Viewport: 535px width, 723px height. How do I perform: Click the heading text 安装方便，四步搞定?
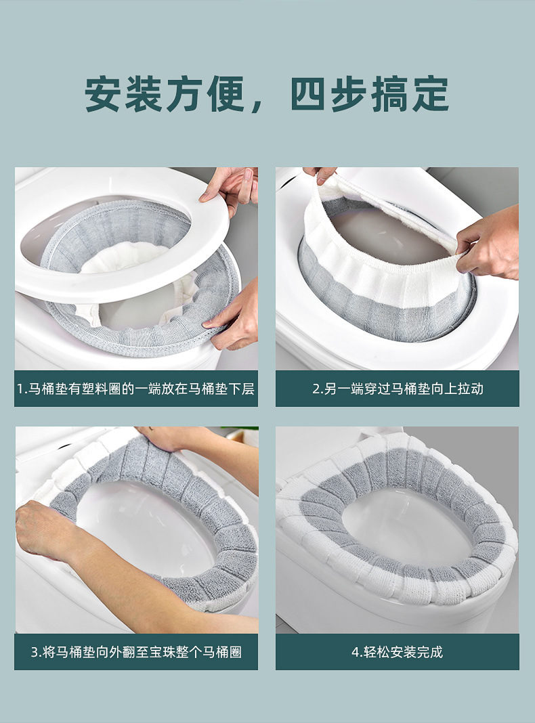(x=267, y=94)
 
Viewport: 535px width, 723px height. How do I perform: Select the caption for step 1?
(x=136, y=389)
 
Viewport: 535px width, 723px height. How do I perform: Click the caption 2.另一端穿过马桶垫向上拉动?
(x=398, y=389)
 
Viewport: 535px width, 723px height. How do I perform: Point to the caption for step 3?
(x=136, y=653)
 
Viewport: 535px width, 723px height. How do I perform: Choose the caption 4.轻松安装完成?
(x=398, y=653)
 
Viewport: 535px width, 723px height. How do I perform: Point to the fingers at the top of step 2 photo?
(x=319, y=175)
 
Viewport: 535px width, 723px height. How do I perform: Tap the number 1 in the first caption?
(x=20, y=389)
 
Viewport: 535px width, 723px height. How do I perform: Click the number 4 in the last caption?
(x=355, y=653)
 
